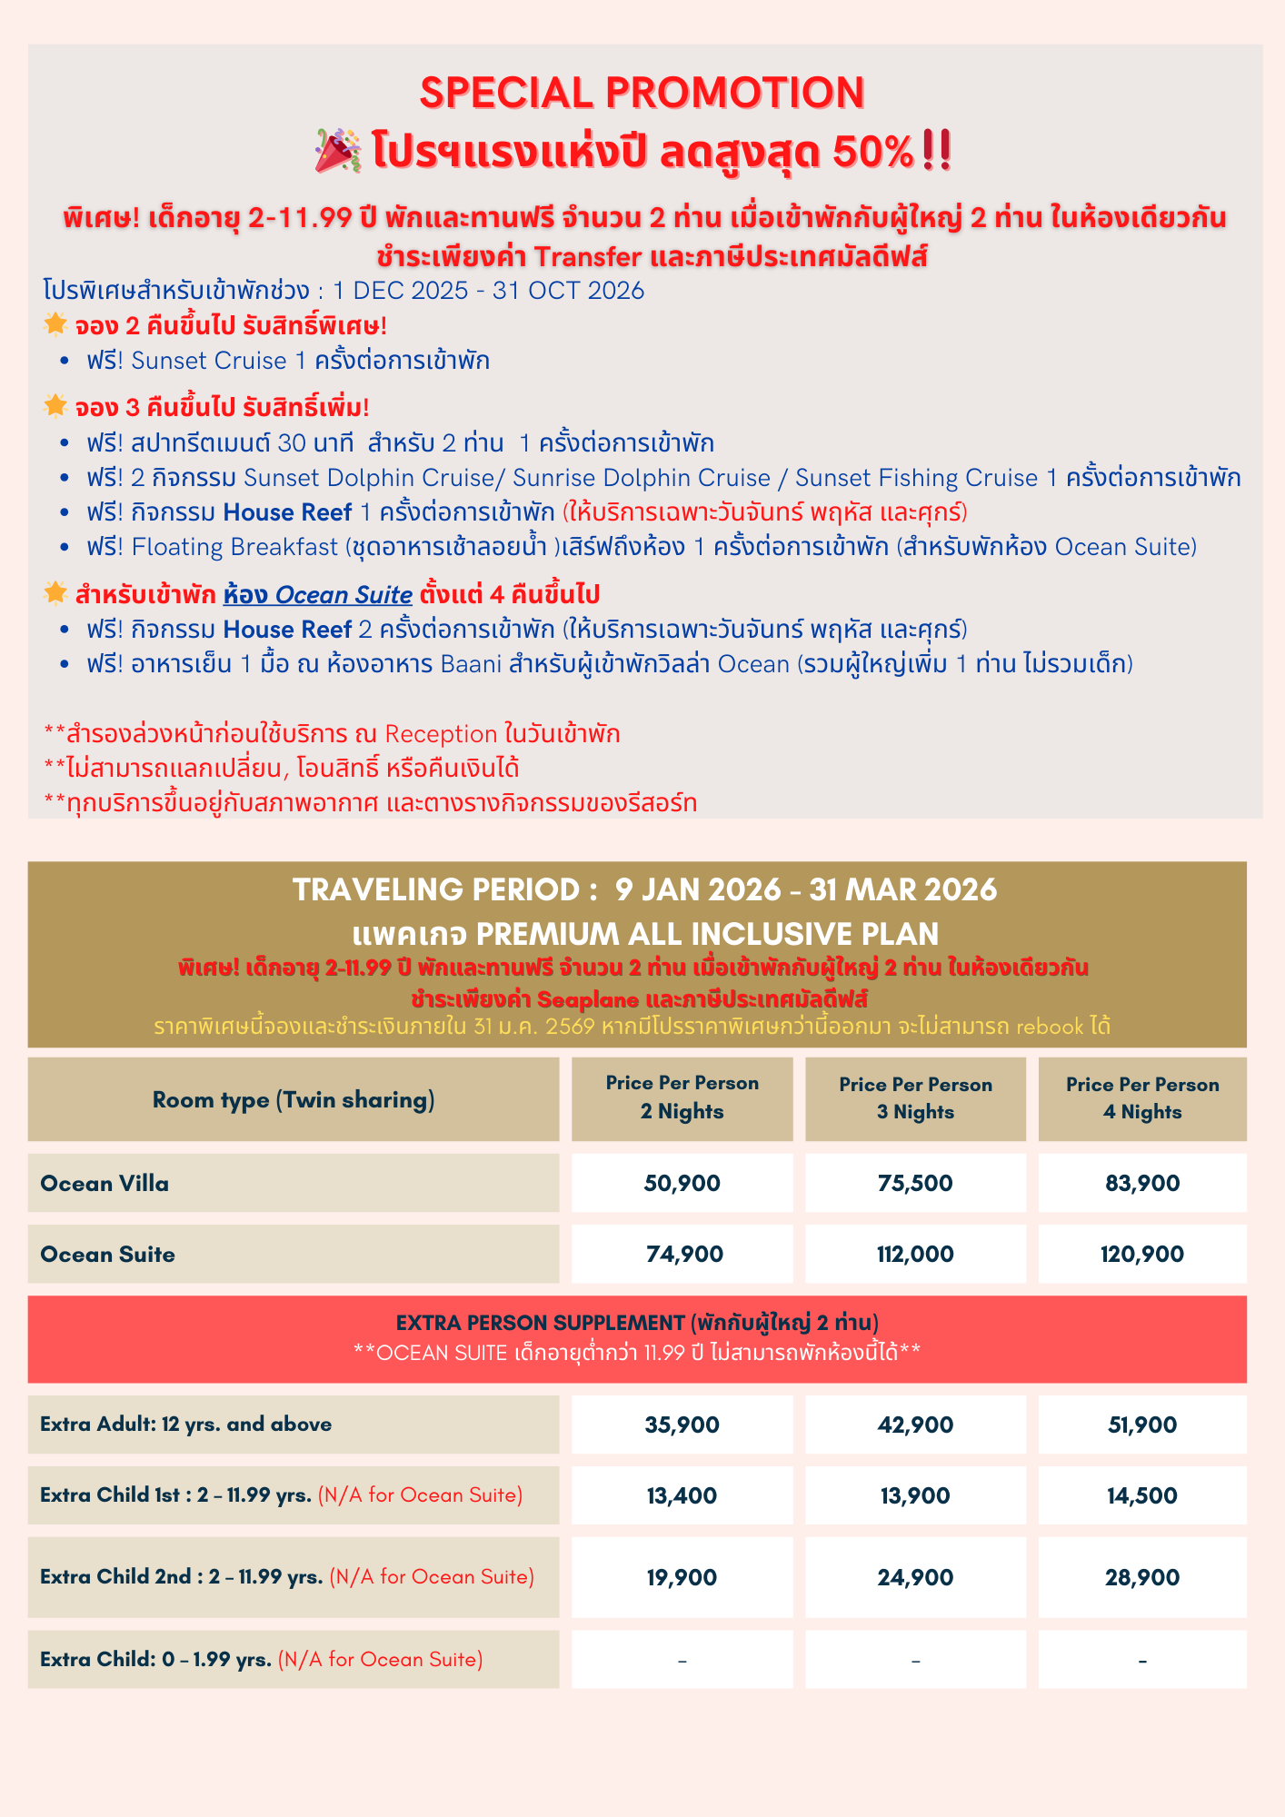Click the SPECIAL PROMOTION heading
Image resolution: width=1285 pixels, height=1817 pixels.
point(642,93)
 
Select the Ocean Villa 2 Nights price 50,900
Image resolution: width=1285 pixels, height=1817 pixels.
point(682,1183)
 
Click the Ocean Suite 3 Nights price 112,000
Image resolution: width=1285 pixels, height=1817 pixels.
point(915,1254)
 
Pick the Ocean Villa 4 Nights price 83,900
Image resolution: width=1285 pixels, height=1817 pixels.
point(1142,1183)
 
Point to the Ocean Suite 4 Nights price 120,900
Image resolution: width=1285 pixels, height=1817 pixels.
point(1142,1254)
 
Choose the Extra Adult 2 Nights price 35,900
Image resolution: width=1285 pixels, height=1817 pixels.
point(682,1425)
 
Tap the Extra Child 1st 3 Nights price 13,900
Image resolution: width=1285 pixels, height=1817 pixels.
point(915,1495)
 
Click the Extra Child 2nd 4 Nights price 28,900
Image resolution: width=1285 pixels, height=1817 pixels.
point(1142,1577)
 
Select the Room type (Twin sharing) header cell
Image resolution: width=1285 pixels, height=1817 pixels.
point(294,1099)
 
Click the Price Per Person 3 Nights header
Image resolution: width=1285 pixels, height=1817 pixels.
point(915,1098)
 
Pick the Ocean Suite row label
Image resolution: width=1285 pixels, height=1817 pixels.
point(108,1254)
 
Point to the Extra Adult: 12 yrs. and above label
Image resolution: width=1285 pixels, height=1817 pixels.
point(185,1424)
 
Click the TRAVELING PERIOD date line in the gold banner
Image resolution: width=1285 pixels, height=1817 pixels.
point(644,889)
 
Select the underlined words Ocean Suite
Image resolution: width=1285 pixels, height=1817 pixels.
point(344,595)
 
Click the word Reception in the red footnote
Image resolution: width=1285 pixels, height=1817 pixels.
point(441,734)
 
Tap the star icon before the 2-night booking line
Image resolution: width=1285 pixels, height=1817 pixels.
point(55,323)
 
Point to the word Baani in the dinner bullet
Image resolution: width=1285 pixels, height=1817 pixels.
point(471,664)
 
